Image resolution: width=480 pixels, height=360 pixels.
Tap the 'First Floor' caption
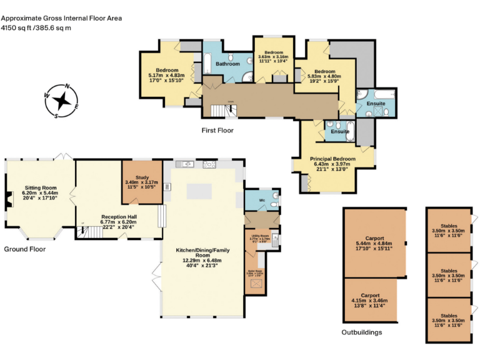pyautogui.click(x=217, y=131)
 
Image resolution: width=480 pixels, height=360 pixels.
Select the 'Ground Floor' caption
pyautogui.click(x=24, y=249)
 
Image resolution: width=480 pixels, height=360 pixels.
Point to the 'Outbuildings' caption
pyautogui.click(x=361, y=332)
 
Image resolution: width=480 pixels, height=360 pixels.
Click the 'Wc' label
pyautogui.click(x=262, y=201)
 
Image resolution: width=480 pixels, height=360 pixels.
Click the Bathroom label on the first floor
pyautogui.click(x=227, y=64)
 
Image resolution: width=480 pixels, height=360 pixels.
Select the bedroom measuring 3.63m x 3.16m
pyautogui.click(x=273, y=57)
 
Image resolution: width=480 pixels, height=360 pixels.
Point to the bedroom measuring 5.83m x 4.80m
pyautogui.click(x=324, y=76)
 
